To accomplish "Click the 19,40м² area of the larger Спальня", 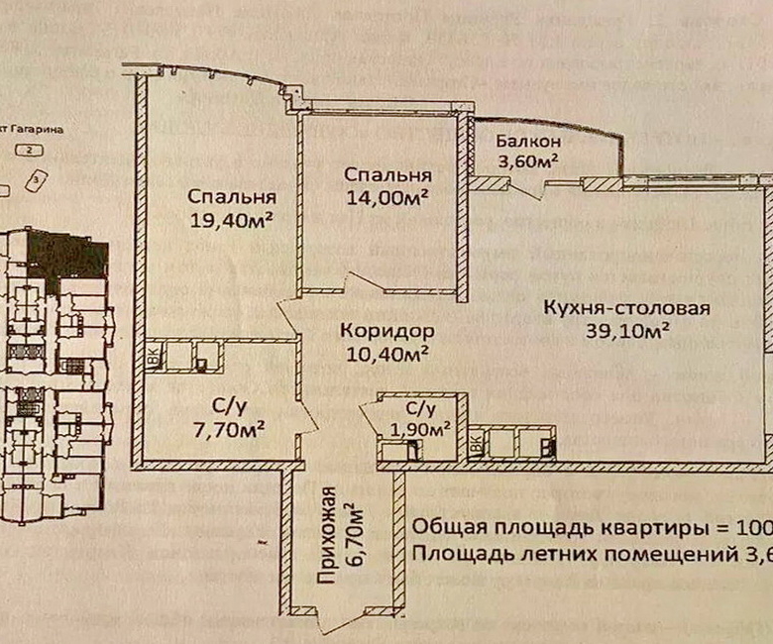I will click(231, 220).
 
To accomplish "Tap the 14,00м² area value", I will click(386, 197).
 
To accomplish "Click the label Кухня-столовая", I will click(626, 307).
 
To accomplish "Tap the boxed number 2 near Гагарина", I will click(33, 150).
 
